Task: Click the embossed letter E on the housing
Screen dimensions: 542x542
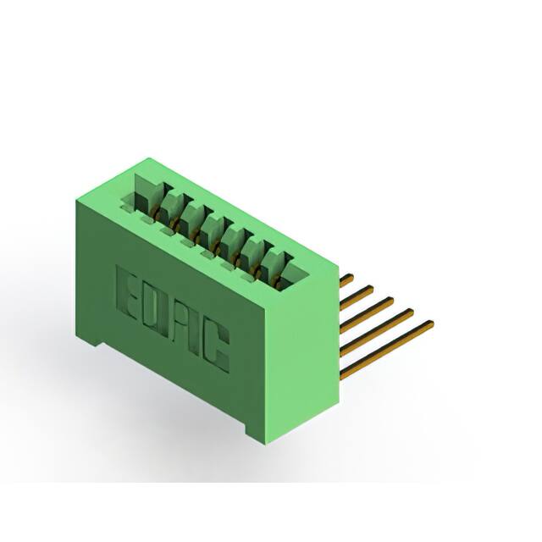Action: pyautogui.click(x=127, y=291)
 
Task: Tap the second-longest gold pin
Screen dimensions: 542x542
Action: pyautogui.click(x=378, y=328)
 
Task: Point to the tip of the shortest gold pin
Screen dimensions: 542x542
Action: pyautogui.click(x=351, y=275)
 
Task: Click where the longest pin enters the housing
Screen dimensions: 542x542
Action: pyautogui.click(x=342, y=373)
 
